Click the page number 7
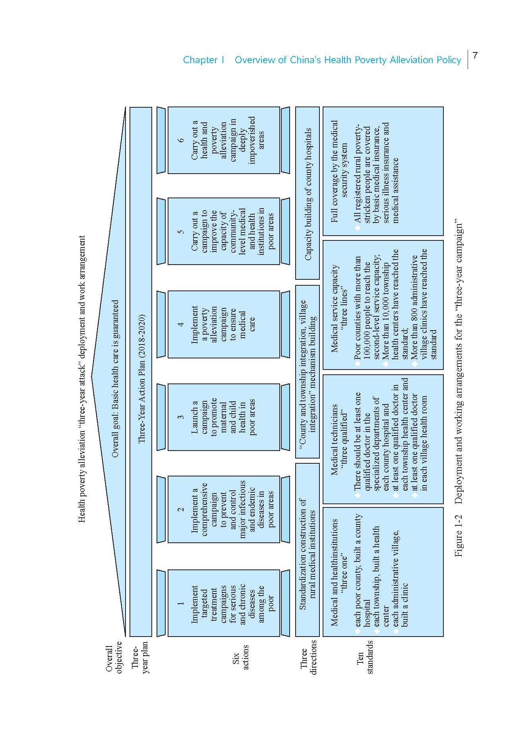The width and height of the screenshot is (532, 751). pos(475,55)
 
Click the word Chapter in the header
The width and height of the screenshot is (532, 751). pos(200,60)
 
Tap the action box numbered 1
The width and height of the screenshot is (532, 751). pos(224,603)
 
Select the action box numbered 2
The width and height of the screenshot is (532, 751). pos(224,509)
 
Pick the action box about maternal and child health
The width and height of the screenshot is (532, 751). pos(224,417)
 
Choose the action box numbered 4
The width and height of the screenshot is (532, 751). pos(224,324)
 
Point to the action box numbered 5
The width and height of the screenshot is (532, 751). pos(224,231)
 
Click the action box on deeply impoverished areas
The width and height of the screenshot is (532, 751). pos(224,140)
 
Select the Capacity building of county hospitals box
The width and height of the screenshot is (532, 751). pos(308,194)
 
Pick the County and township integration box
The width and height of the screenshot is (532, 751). pos(308,372)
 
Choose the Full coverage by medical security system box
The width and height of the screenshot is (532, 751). pos(383,171)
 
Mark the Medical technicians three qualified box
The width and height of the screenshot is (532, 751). pos(383,439)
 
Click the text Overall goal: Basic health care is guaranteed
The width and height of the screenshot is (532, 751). pos(115,378)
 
